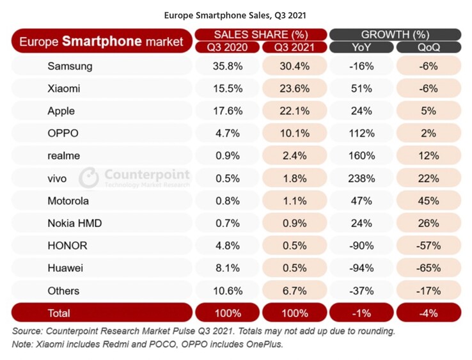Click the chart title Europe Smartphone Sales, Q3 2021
pyautogui.click(x=236, y=13)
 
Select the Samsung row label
pyautogui.click(x=70, y=66)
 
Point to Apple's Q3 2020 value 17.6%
pyautogui.click(x=228, y=111)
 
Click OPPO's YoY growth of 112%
pyautogui.click(x=362, y=133)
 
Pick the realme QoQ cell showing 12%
pyautogui.click(x=429, y=155)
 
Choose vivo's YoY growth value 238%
pyautogui.click(x=362, y=178)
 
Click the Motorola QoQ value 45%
pyautogui.click(x=429, y=201)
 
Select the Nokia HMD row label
pyautogui.click(x=75, y=223)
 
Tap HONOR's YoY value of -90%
pyautogui.click(x=362, y=246)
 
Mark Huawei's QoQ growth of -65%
pyautogui.click(x=429, y=268)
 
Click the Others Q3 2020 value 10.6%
pyautogui.click(x=228, y=291)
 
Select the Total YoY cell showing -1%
pyautogui.click(x=362, y=313)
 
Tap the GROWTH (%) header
pyautogui.click(x=395, y=35)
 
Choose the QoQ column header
pyautogui.click(x=429, y=47)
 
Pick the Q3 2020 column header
pyautogui.click(x=228, y=47)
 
